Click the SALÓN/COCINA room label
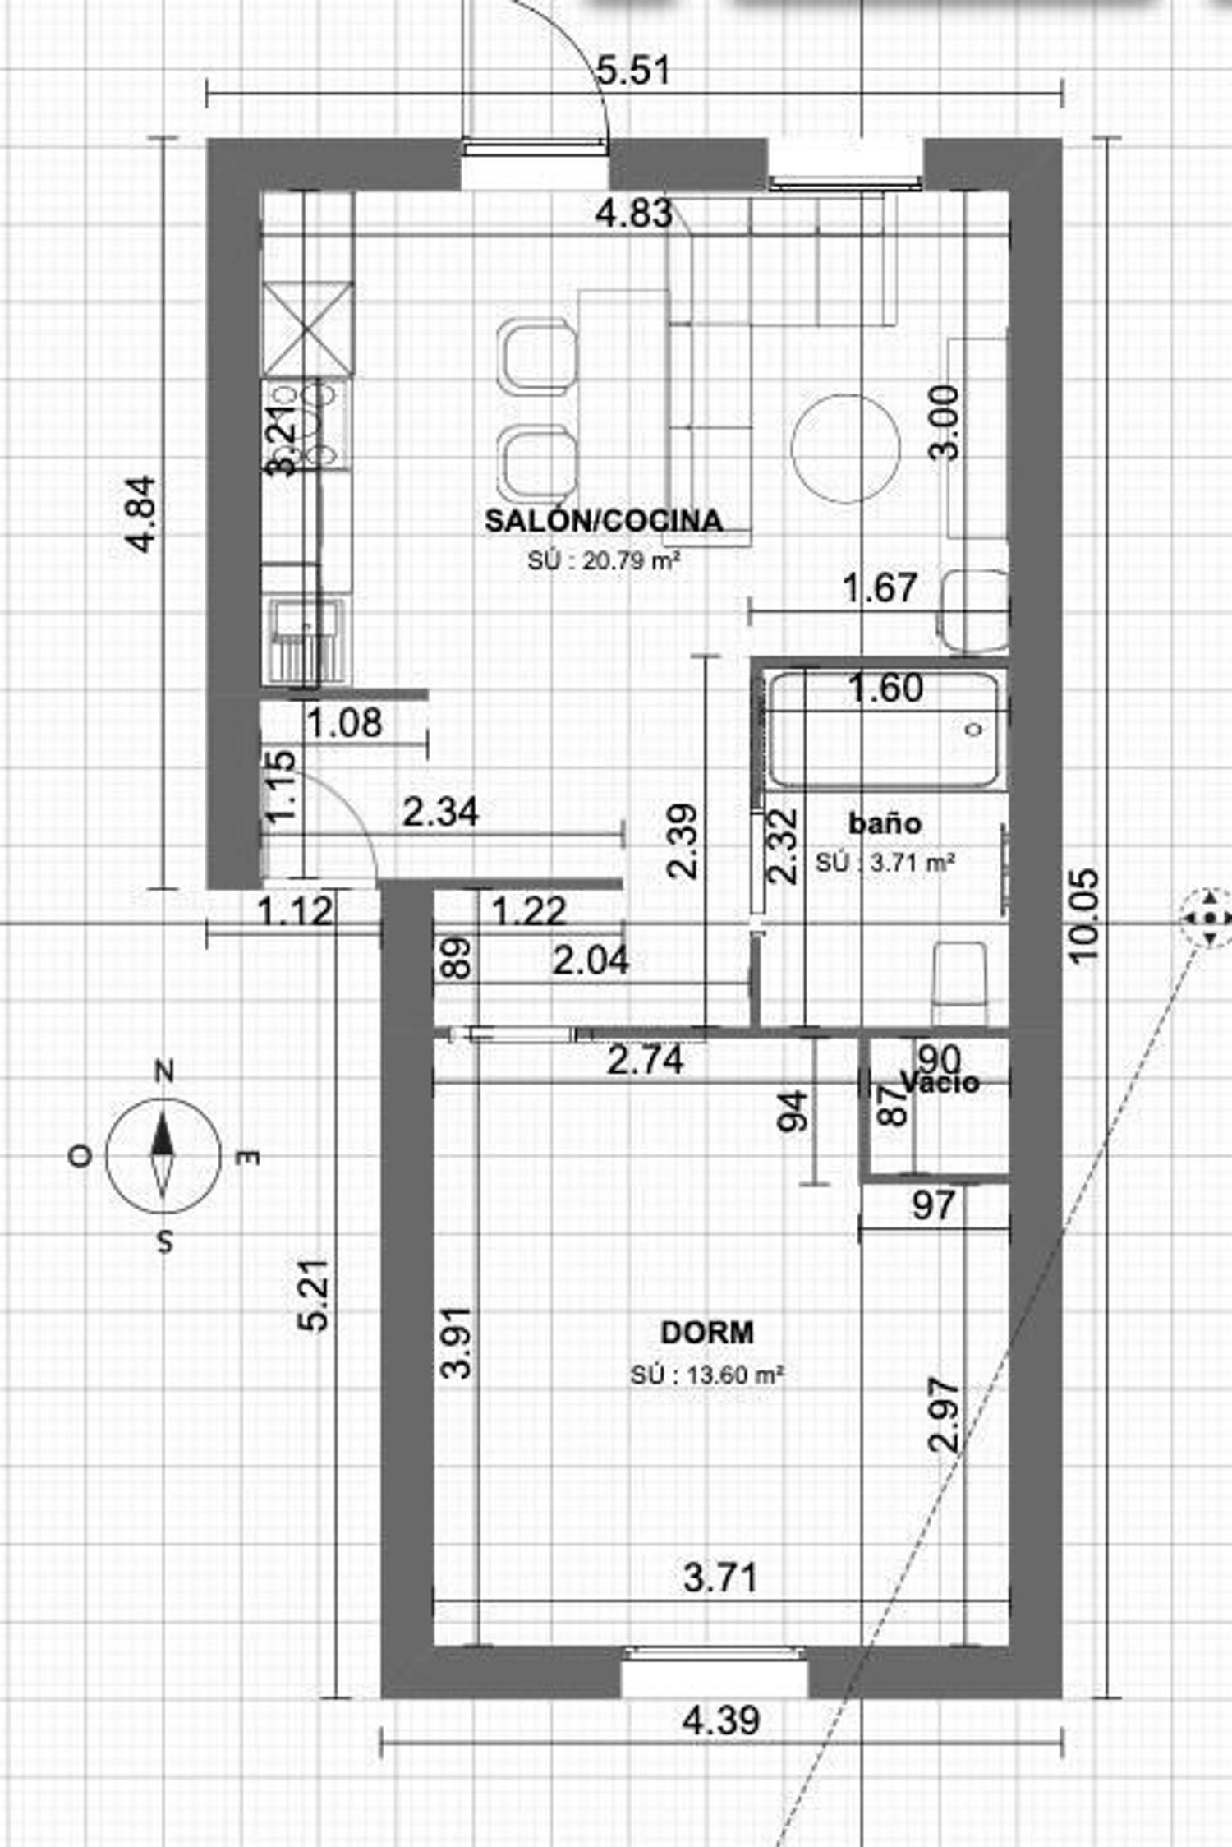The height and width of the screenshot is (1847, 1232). pos(605,521)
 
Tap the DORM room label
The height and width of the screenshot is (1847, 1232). pos(707,1332)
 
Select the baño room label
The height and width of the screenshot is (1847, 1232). pos(885,823)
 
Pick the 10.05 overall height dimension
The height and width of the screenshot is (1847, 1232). pos(1084,914)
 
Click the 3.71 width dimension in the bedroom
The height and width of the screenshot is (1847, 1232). pos(720,1578)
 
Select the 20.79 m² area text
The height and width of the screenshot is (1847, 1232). pos(606,562)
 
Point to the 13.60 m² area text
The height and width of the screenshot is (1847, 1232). pos(707,1375)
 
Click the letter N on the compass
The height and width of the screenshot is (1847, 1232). pos(165,1071)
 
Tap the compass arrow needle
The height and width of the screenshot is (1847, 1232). pos(163,1155)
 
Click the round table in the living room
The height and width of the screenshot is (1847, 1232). pos(845,449)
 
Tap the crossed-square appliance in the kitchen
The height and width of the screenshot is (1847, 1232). pos(308,328)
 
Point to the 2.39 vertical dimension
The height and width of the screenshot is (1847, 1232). pos(683,841)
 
